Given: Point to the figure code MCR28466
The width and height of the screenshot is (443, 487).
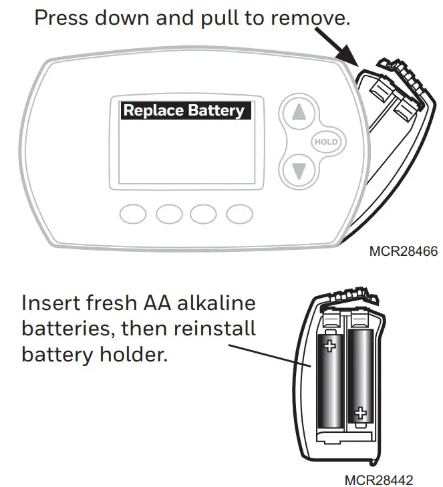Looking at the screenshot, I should tap(403, 252).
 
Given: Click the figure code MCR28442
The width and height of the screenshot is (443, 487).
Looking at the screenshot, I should tap(379, 480).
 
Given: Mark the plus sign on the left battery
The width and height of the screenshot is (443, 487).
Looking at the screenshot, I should tap(329, 346).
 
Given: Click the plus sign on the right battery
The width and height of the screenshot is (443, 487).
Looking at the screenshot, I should tap(361, 412).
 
